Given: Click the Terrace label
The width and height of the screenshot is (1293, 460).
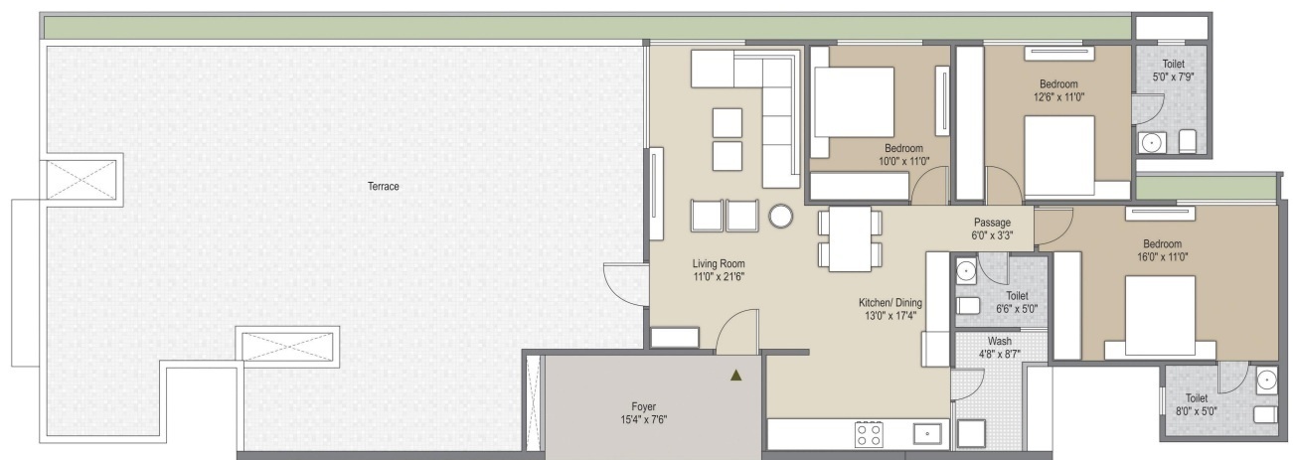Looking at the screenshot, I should tap(383, 186).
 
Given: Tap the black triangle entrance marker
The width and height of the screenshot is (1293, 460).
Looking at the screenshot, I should tap(735, 376).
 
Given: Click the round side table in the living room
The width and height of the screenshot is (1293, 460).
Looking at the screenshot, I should tap(781, 215).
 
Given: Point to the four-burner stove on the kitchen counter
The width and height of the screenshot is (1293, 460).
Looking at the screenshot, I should tap(869, 433).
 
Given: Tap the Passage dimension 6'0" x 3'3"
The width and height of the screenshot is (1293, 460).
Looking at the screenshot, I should tap(992, 236).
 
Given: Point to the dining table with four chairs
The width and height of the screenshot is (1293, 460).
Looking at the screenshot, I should tap(850, 238).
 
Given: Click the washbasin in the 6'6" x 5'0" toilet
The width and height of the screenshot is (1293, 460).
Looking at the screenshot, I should tap(965, 269).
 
